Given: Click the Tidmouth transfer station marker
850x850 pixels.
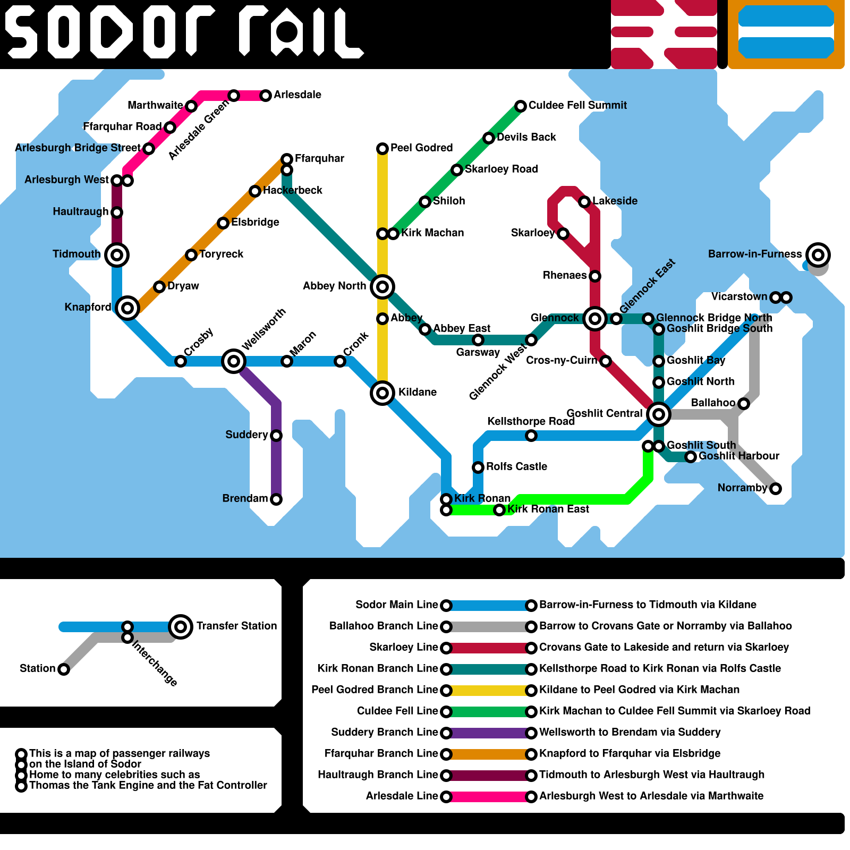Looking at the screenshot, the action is coord(117,255).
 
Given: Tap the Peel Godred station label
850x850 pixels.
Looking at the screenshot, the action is coord(421,148).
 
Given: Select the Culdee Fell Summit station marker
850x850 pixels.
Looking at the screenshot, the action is coord(521,106).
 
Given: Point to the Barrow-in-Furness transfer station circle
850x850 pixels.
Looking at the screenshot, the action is coord(818,255).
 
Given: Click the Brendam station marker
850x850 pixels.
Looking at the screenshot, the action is coord(276,499).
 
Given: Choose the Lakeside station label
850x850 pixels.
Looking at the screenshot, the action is coord(615,201).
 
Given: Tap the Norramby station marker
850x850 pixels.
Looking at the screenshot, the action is coord(776,489).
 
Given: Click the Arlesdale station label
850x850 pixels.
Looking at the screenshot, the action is coord(297,95).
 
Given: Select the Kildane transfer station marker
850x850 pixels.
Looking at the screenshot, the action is coord(382,393).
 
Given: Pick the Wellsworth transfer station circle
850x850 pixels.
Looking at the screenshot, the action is coord(234,361).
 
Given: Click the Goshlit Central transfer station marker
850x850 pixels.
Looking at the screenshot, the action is coord(659,414).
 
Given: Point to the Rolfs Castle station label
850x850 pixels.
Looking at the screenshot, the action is coord(516,466).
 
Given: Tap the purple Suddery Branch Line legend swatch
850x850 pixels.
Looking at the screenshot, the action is coord(489,733).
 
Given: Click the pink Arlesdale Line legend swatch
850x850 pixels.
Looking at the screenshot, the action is coord(489,797).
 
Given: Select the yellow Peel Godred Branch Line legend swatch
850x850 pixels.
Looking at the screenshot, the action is coord(489,691).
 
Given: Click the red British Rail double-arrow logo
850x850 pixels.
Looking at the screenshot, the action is coord(664,35).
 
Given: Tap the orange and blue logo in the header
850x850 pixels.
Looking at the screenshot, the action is coord(786,35).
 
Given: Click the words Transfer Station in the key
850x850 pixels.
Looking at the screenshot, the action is coord(236,626).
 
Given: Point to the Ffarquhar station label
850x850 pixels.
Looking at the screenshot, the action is coord(319,158).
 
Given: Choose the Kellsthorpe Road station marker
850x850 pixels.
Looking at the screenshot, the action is coord(531,436).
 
